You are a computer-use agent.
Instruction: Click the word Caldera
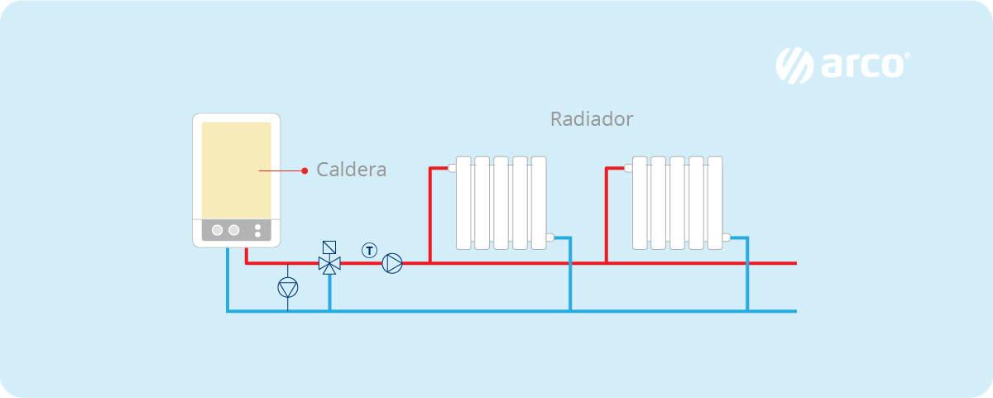pyautogui.click(x=352, y=170)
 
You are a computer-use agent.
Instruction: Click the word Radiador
pyautogui.click(x=592, y=119)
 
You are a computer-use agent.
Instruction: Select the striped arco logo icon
pyautogui.click(x=795, y=65)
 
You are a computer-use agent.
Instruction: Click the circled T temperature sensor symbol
pyautogui.click(x=369, y=249)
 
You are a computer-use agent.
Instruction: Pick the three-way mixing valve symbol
pyautogui.click(x=329, y=264)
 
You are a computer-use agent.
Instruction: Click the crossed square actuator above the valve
pyautogui.click(x=329, y=247)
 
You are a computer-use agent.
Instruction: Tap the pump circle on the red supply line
pyautogui.click(x=392, y=264)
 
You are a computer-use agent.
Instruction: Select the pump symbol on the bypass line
pyautogui.click(x=287, y=287)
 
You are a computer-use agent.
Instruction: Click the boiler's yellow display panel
pyautogui.click(x=237, y=170)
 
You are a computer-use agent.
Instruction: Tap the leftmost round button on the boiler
pyautogui.click(x=218, y=230)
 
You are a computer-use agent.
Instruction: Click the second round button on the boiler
pyautogui.click(x=234, y=230)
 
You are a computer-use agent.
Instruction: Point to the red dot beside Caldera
pyautogui.click(x=305, y=171)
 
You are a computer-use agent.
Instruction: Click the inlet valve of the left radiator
pyautogui.click(x=453, y=168)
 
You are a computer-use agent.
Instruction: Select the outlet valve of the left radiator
pyautogui.click(x=549, y=237)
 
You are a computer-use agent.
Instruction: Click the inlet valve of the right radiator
pyautogui.click(x=629, y=168)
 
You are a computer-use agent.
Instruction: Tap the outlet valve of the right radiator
pyautogui.click(x=726, y=237)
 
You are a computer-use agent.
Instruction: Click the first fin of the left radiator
pyautogui.click(x=463, y=203)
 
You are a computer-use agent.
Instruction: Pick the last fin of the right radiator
pyautogui.click(x=715, y=203)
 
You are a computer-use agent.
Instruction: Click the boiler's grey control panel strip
pyautogui.click(x=237, y=230)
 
